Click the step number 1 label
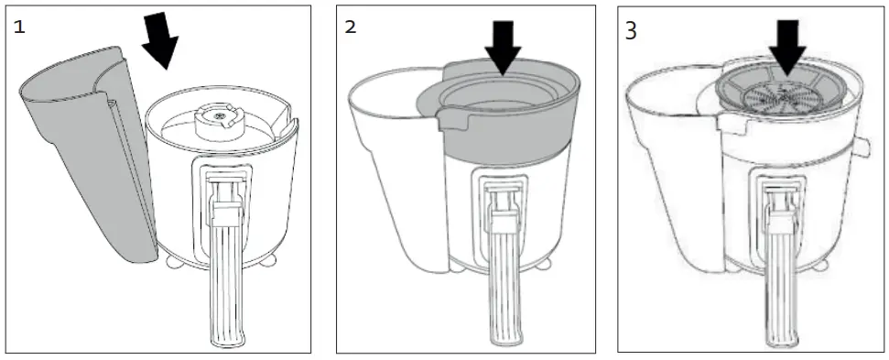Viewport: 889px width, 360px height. coord(19,27)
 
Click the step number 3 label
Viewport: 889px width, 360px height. coord(631,29)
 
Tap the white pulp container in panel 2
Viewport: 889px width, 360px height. coord(394,165)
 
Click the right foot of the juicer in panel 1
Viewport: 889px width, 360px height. coord(272,259)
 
